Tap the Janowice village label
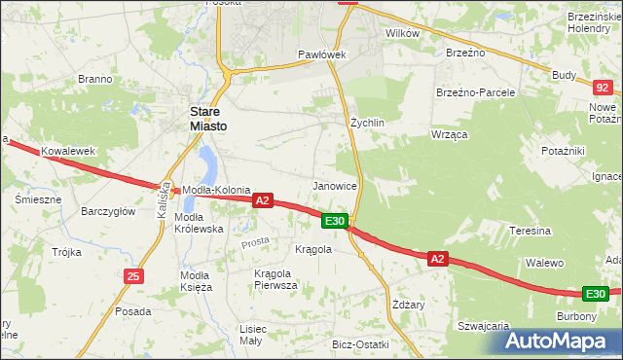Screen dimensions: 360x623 334,185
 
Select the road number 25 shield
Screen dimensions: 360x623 133,277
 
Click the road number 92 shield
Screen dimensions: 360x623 604,87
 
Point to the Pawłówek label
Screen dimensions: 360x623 322,54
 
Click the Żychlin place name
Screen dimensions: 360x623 368,124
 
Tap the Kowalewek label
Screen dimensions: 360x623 67,152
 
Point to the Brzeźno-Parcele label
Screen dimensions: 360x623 475,92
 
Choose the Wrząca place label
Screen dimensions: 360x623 451,133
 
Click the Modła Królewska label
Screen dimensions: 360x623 199,223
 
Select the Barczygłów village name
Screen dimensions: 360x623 108,210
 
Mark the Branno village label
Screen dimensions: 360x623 94,79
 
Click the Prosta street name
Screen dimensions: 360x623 256,240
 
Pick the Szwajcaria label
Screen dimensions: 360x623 484,326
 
